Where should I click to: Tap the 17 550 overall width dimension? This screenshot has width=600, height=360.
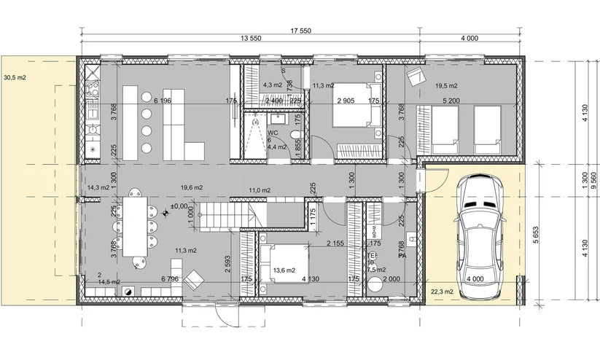pyautogui.click(x=301, y=31)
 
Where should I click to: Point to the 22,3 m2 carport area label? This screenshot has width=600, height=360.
pyautogui.click(x=442, y=291)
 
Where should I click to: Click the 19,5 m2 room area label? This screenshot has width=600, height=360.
pyautogui.click(x=445, y=85)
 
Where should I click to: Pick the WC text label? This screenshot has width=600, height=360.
pyautogui.click(x=273, y=133)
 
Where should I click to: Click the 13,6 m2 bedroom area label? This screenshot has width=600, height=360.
pyautogui.click(x=284, y=270)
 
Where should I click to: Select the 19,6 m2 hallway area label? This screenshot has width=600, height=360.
pyautogui.click(x=192, y=187)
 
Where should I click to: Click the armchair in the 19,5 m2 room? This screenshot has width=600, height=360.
pyautogui.click(x=415, y=76)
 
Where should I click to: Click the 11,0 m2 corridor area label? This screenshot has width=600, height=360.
pyautogui.click(x=260, y=190)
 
